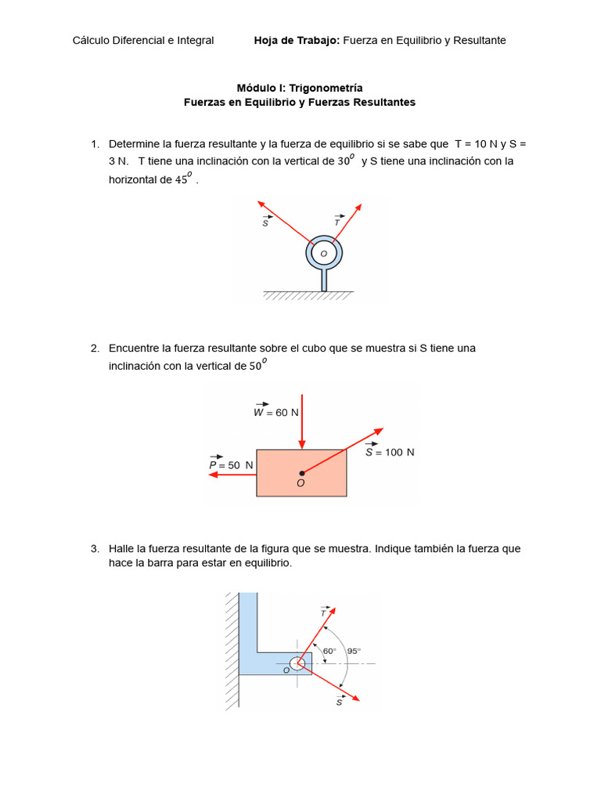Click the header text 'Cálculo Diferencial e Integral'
click(143, 41)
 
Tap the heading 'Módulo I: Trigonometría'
click(300, 89)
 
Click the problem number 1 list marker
click(95, 144)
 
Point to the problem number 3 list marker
click(95, 549)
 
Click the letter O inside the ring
click(323, 254)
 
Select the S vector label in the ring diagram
click(266, 222)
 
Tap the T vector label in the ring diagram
click(337, 221)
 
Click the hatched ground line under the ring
click(308, 296)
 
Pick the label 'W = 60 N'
click(275, 411)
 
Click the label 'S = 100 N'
click(389, 451)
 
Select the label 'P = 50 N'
click(231, 464)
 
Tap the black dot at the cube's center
click(301, 473)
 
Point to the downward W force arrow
click(301, 423)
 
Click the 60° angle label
click(329, 651)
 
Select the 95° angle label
click(354, 651)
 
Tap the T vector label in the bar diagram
click(324, 611)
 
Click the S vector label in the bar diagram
click(340, 701)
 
